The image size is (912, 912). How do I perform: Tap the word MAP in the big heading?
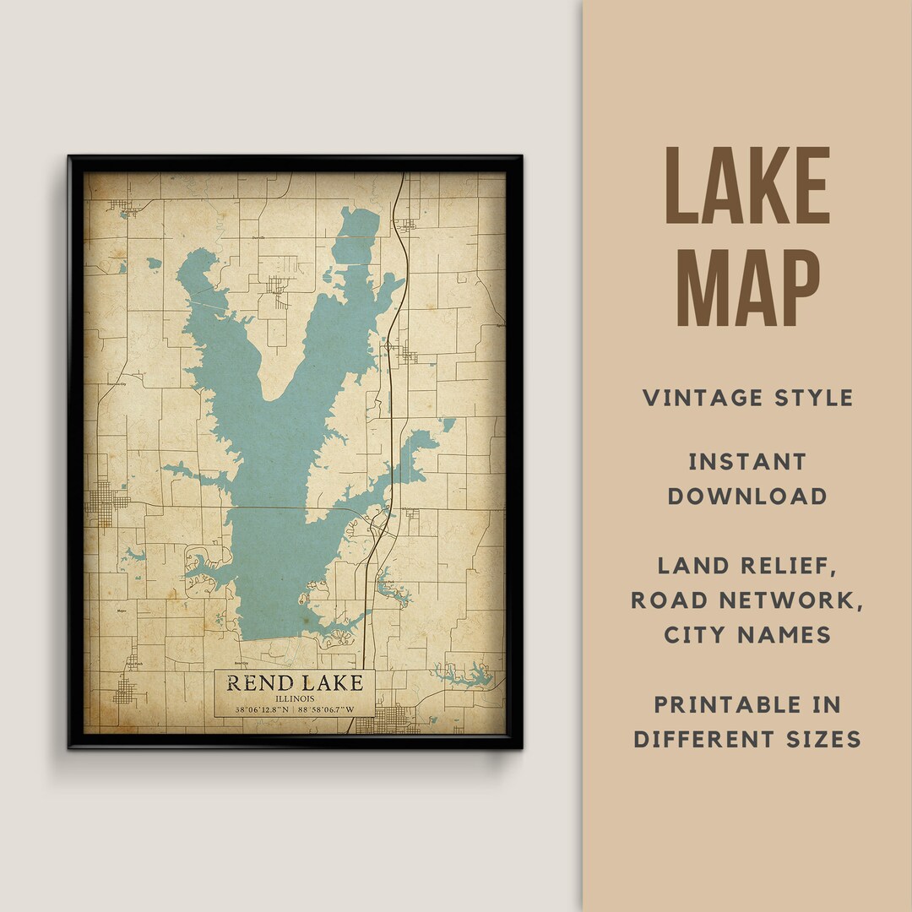pyautogui.click(x=747, y=285)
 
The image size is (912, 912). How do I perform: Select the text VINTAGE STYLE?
pyautogui.click(x=747, y=398)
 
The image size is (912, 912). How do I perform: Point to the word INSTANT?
pyautogui.click(x=747, y=462)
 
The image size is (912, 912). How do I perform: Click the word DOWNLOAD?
pyautogui.click(x=747, y=496)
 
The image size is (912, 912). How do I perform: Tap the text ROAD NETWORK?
pyautogui.click(x=747, y=600)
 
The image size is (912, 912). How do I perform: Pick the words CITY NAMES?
pyautogui.click(x=747, y=634)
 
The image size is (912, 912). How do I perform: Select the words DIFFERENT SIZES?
pyautogui.click(x=747, y=739)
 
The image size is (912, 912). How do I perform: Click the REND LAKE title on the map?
pyautogui.click(x=294, y=683)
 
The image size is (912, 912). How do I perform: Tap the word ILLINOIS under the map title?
pyautogui.click(x=294, y=698)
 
